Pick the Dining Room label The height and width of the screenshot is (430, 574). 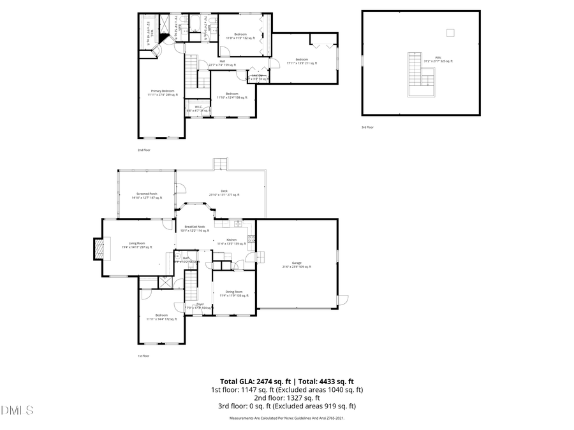click(x=234, y=294)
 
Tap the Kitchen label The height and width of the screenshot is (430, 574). click(x=232, y=241)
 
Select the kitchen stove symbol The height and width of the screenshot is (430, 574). click(x=251, y=240)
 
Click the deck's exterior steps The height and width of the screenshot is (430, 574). click(x=219, y=164)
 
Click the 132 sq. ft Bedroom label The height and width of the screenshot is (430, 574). click(x=240, y=36)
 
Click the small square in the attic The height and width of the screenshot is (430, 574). click(x=450, y=32)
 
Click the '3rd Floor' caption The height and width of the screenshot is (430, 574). click(x=367, y=127)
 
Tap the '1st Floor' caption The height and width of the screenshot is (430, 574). click(x=143, y=355)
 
